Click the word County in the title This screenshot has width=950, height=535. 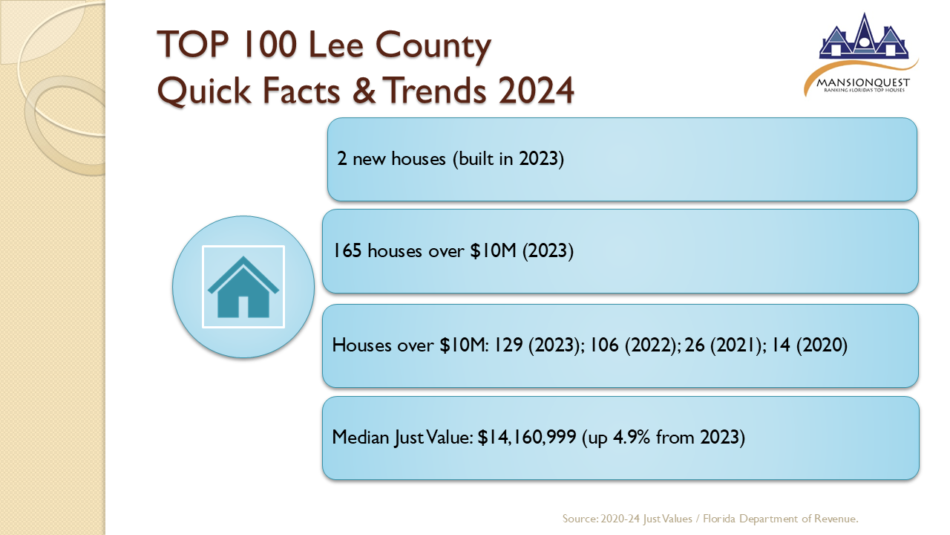[433, 47]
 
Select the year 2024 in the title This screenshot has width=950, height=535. [536, 90]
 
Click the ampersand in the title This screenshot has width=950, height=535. [364, 90]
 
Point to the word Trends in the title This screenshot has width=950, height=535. [436, 90]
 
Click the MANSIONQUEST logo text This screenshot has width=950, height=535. [863, 82]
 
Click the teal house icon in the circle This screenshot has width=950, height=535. [243, 287]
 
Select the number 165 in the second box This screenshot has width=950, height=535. [347, 250]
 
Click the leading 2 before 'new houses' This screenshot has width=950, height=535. [342, 159]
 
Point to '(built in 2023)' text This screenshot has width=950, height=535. [508, 159]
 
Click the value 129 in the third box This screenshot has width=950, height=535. [508, 345]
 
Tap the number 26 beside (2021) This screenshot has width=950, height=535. [695, 345]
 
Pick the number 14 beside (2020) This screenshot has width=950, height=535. [781, 345]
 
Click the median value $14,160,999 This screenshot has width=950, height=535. [527, 438]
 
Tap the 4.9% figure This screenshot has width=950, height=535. [631, 438]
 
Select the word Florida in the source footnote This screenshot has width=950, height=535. [719, 519]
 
